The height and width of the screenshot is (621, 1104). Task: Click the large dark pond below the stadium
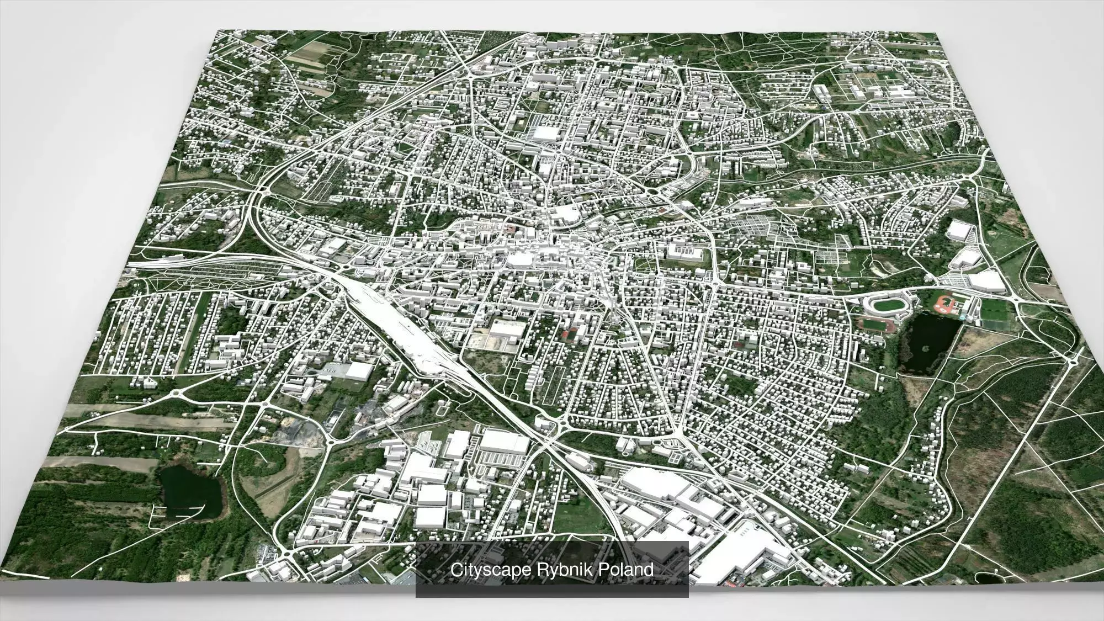coord(930,341)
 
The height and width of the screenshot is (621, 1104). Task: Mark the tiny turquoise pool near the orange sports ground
coord(963,319)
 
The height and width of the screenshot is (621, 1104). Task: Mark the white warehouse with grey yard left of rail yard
coord(357,371)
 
